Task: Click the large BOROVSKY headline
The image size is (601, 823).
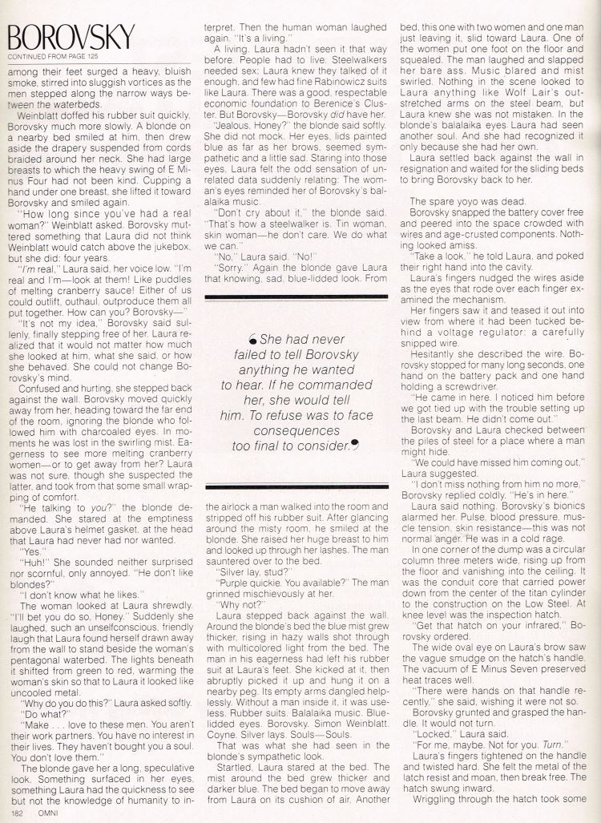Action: pos(71,37)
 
